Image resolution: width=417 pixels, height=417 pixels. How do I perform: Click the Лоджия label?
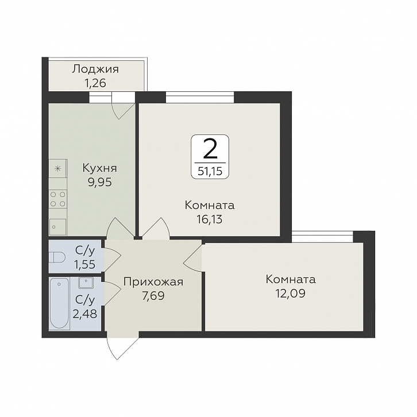coord(96,69)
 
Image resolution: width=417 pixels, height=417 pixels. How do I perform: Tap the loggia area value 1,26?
coord(95,83)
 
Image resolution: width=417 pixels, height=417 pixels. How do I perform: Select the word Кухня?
coord(100,168)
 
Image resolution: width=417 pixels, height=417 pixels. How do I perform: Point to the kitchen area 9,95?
coord(100,183)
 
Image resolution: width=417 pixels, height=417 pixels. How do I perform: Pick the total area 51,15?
coord(210,171)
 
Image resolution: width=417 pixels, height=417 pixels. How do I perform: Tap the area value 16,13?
coord(210,219)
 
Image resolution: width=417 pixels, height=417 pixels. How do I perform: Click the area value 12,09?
coord(291,294)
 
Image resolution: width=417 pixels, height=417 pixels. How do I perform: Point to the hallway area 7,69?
coord(153,296)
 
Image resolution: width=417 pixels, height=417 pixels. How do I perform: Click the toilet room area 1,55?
coord(85,265)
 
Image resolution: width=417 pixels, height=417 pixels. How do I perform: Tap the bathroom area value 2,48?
coord(85,314)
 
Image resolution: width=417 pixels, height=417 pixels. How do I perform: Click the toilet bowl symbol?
coord(57,257)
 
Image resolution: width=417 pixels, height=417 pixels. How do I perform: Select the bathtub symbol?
coord(59,304)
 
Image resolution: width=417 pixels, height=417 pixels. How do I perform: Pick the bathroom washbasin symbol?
coord(86,283)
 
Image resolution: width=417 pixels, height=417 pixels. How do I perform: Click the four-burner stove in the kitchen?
coord(57,199)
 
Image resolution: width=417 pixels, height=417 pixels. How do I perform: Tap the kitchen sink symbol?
coord(58,227)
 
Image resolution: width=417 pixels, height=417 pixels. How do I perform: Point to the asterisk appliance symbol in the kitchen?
coord(57,169)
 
